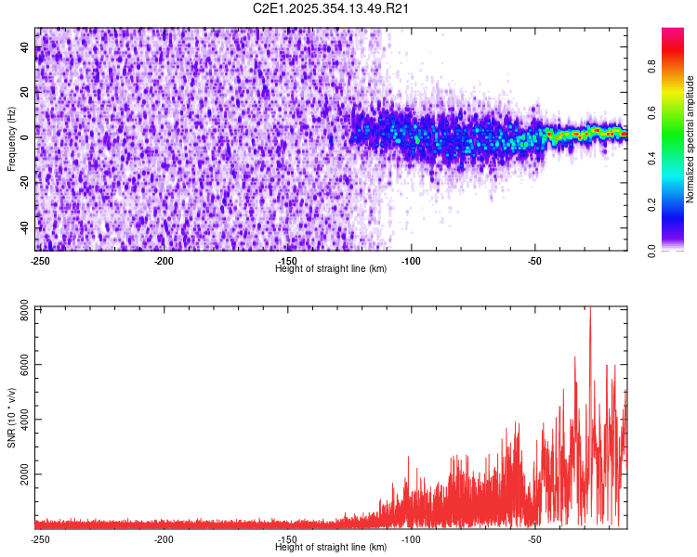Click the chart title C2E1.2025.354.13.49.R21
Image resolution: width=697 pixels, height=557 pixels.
(332, 8)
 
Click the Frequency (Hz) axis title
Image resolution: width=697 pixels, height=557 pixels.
(11, 138)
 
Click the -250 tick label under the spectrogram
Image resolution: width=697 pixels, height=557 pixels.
(40, 260)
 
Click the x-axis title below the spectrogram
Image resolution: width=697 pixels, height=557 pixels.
(332, 268)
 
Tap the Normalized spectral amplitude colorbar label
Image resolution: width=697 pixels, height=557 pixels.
(690, 138)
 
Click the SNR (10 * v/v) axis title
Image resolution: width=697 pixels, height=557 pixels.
(11, 417)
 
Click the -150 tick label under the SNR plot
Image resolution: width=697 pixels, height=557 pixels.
(287, 538)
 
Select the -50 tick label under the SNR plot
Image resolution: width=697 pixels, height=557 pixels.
(534, 538)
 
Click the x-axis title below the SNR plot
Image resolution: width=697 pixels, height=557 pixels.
(332, 547)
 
